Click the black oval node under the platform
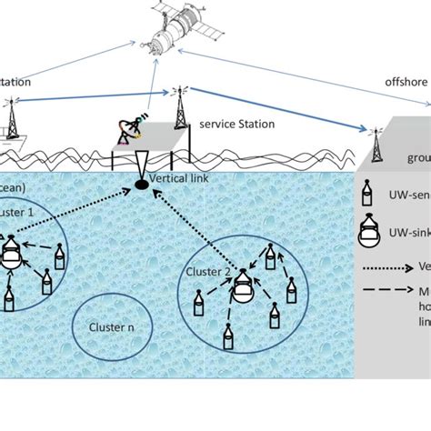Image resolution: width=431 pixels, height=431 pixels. click(x=143, y=185)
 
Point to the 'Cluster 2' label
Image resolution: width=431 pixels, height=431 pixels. click(x=206, y=271)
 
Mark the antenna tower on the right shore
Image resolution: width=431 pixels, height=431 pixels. click(x=374, y=148)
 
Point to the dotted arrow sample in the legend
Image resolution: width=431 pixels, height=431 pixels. click(x=386, y=268)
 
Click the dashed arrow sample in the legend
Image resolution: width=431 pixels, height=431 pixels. click(x=386, y=291)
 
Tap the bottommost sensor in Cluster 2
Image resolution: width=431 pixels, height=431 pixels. click(x=226, y=338)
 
